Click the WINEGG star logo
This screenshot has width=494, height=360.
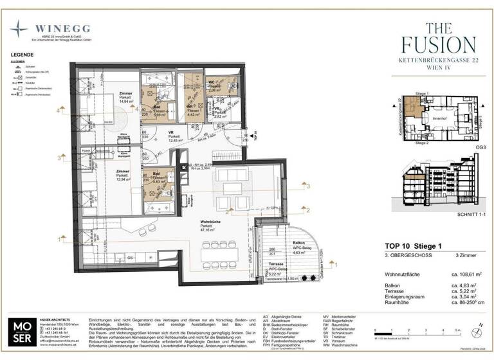pos(19,30)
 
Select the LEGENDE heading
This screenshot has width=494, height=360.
pos(23,55)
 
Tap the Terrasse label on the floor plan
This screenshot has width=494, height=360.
pos(277,264)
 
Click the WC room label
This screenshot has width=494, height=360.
pos(212,83)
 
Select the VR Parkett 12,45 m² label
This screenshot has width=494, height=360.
pos(173,136)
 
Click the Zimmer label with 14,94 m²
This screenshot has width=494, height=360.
pos(126,97)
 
